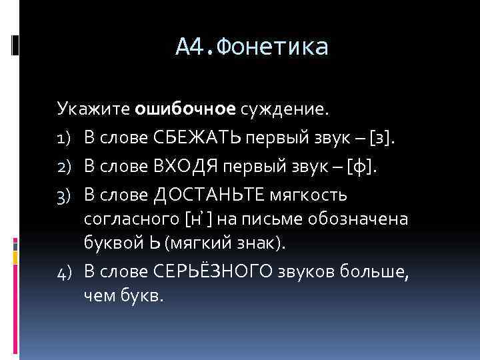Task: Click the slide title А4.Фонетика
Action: [253, 47]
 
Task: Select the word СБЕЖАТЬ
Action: [197, 137]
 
